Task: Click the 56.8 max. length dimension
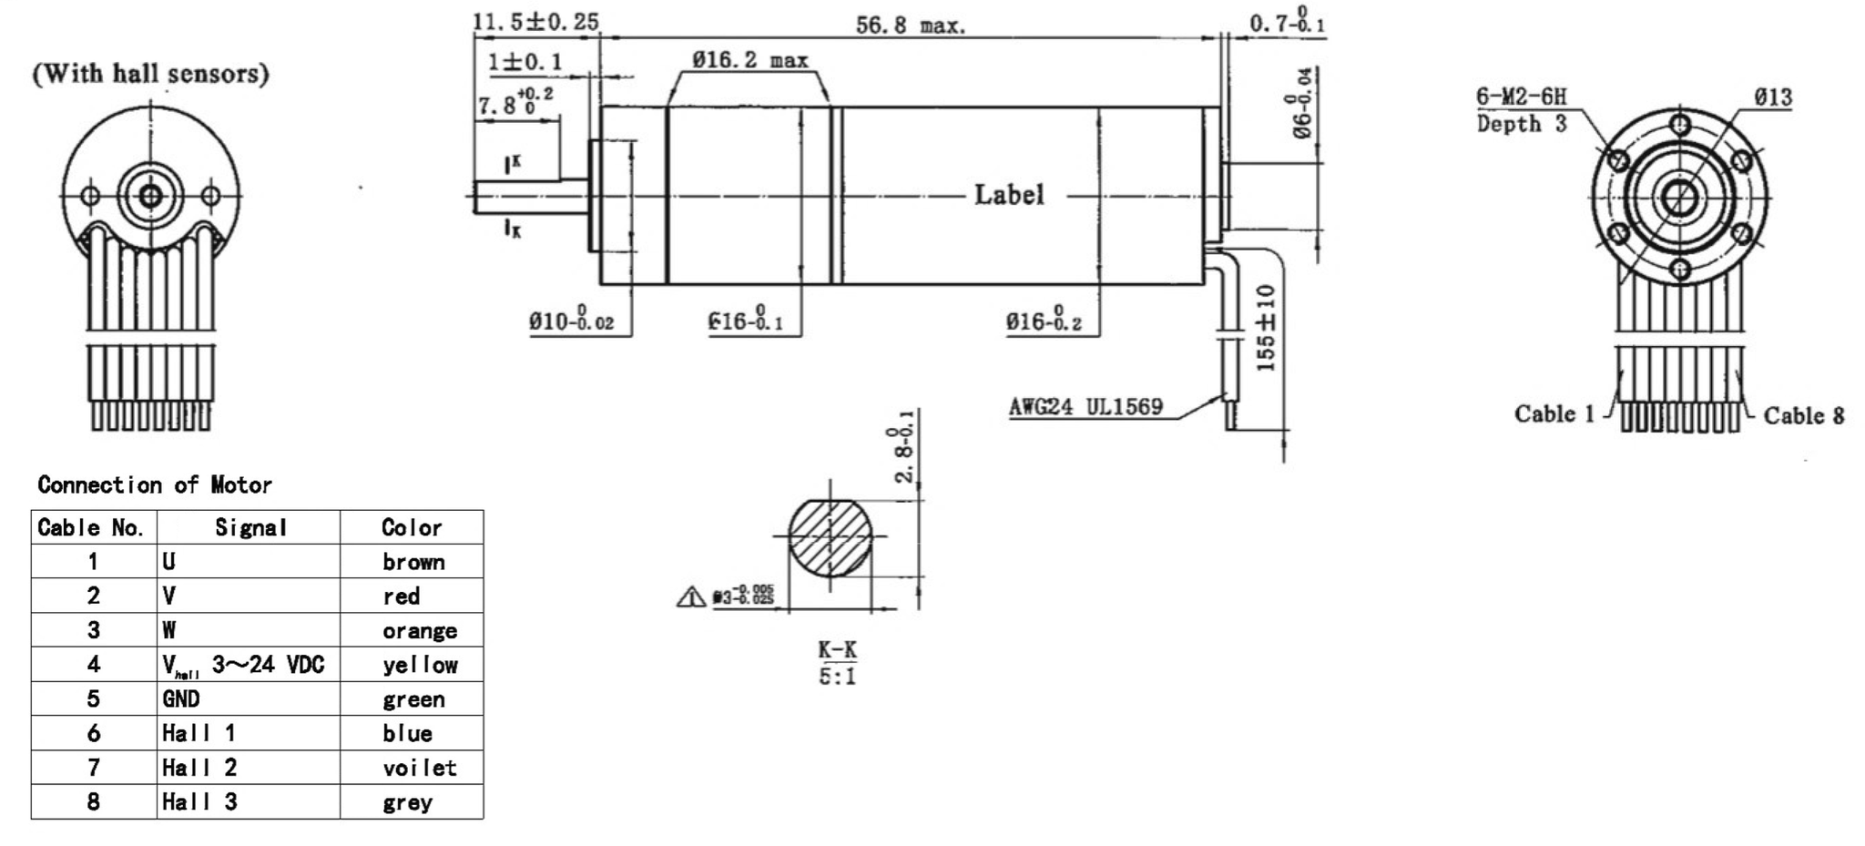(910, 25)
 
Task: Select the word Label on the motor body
(1009, 195)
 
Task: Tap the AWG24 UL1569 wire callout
(1085, 407)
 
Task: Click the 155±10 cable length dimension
(1266, 328)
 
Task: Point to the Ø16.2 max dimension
(749, 61)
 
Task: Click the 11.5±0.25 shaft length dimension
(535, 22)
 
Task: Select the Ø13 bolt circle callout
(1772, 97)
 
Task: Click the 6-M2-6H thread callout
(1522, 97)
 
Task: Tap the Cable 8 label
(1803, 416)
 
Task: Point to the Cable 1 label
(1554, 414)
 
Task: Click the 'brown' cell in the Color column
(413, 562)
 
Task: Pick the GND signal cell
(181, 698)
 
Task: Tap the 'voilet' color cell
(419, 768)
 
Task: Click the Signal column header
(250, 527)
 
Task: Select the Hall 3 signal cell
(199, 802)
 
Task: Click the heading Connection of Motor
(155, 484)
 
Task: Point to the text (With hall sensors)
(151, 74)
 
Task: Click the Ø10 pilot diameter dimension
(571, 321)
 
